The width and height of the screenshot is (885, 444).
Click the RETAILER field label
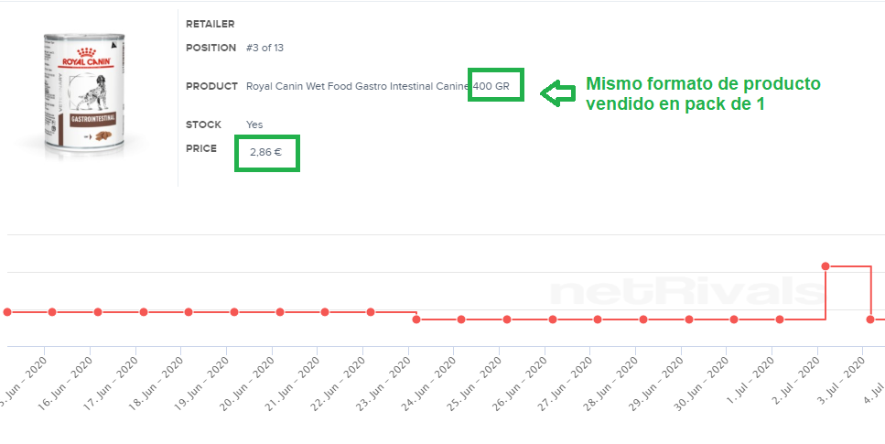point(210,24)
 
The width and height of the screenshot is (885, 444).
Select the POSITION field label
point(210,48)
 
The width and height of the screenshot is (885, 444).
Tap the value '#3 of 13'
point(265,48)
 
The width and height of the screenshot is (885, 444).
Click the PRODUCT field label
point(211,87)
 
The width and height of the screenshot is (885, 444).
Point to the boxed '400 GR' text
point(496,86)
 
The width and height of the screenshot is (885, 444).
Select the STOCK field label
point(203,125)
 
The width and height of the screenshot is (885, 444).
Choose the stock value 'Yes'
point(254,125)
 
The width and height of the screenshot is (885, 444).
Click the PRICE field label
point(201,148)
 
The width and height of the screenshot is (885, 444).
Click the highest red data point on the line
point(826,266)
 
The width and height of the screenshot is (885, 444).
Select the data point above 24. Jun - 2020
point(461,319)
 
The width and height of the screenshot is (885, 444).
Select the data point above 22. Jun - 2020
point(371,312)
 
